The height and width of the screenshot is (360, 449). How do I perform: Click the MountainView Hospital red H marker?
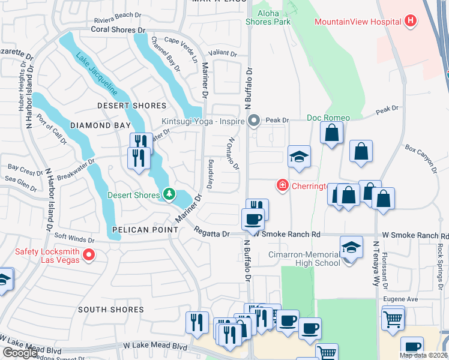coord(411,22)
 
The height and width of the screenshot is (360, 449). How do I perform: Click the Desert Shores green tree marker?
coord(169,194)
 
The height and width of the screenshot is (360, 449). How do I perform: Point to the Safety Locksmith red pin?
coord(89,256)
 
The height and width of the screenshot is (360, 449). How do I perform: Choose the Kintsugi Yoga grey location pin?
coord(254,121)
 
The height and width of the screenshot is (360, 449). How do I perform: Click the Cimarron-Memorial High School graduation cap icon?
coord(351,247)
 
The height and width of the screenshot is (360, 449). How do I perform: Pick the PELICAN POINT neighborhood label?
coord(136,230)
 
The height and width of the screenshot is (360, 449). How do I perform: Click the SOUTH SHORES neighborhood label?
coord(110,310)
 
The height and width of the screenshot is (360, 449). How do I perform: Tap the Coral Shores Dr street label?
coord(119,29)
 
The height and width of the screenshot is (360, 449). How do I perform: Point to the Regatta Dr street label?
coord(211,234)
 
